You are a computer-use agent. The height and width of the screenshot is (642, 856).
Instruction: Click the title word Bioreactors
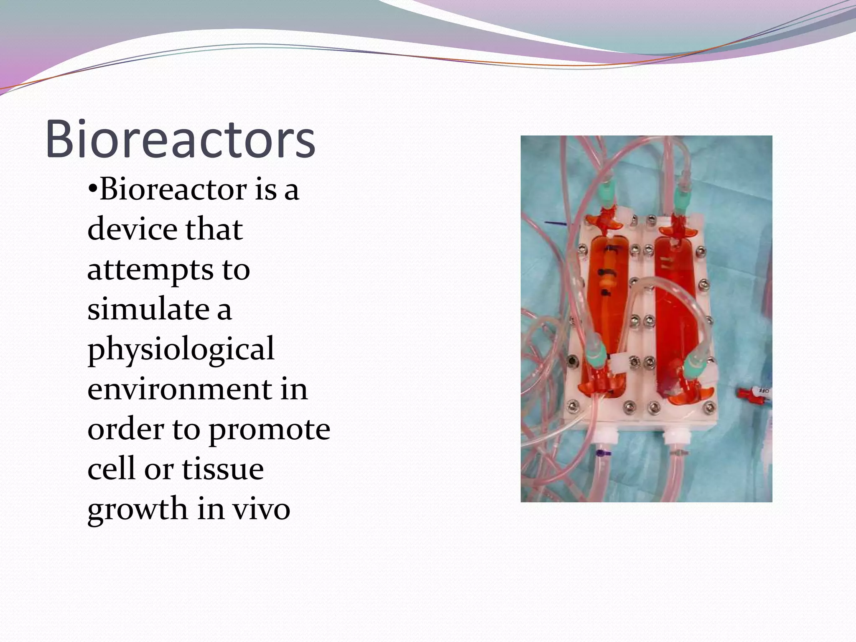180,139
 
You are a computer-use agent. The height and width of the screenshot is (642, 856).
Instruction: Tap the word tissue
222,469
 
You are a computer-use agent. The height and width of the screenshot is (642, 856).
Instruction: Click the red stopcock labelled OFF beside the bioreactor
754,393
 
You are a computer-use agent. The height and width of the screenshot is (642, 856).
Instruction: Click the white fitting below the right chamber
673,441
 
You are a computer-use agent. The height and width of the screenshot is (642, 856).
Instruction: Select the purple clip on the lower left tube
601,453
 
